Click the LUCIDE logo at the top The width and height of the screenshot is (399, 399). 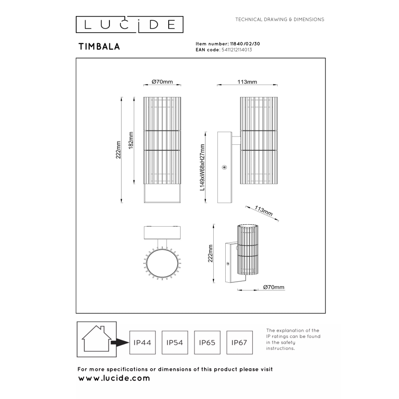(129, 24)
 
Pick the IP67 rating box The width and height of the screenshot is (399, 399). (239, 342)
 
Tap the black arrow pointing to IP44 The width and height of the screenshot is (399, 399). (119, 342)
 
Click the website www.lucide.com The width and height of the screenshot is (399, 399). (114, 378)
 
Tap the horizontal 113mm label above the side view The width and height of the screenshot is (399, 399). (247, 82)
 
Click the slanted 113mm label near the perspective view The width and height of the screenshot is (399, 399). (263, 212)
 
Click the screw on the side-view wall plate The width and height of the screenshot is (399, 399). (224, 168)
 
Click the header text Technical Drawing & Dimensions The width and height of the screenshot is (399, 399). (279, 20)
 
